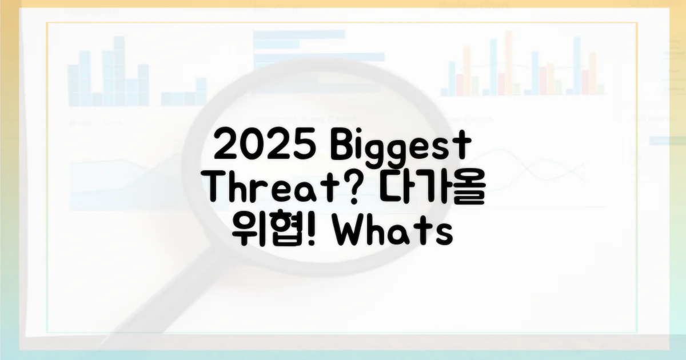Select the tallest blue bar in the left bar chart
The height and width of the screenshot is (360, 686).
(119, 71)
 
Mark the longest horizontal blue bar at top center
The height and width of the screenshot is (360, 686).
(319, 57)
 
